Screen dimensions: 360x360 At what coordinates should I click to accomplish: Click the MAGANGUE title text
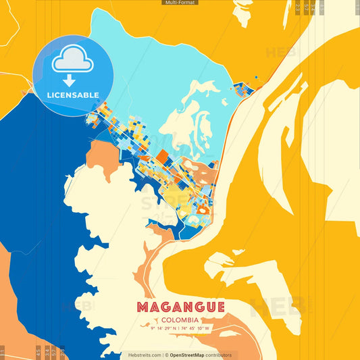pyautogui.click(x=180, y=307)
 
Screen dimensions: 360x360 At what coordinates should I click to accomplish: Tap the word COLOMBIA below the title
pyautogui.click(x=180, y=319)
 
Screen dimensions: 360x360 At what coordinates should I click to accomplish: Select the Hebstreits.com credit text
pyautogui.click(x=145, y=355)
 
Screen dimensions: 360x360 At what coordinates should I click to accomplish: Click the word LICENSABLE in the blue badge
pyautogui.click(x=73, y=95)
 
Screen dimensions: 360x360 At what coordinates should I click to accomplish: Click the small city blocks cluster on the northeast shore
pyautogui.click(x=243, y=88)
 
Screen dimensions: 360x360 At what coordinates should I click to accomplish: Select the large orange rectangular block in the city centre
pyautogui.click(x=162, y=157)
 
